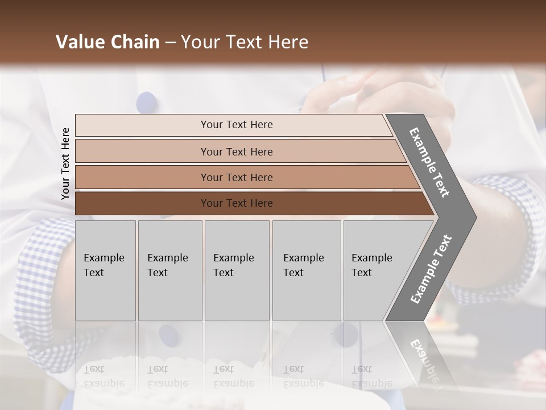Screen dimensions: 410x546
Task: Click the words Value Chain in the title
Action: coord(107,42)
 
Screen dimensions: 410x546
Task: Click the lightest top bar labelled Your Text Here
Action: coord(236,125)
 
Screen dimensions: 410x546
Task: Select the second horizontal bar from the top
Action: coord(236,151)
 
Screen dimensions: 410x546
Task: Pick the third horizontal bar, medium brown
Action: coord(236,177)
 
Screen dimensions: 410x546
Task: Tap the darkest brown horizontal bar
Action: coord(236,203)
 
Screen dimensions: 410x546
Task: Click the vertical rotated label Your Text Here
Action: coord(65,163)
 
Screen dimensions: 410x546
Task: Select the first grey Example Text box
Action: coord(105,270)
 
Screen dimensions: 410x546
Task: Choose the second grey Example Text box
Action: coord(169,270)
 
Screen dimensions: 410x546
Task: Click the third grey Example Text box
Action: coord(236,270)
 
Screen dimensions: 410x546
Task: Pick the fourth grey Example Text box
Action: coord(306,270)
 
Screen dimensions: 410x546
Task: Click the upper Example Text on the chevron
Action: coord(430,162)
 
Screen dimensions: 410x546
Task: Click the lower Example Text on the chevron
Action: coord(431,269)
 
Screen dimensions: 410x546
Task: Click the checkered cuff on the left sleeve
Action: coord(43,285)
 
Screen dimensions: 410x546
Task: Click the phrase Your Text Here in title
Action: coord(245,42)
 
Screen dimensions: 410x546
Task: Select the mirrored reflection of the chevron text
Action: coord(424,359)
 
